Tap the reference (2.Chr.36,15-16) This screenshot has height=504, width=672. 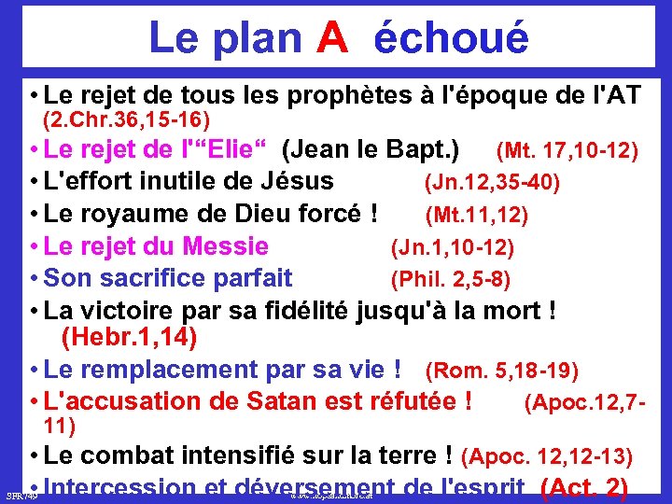127,120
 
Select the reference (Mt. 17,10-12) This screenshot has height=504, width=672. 567,149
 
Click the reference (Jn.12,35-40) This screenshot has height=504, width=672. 492,182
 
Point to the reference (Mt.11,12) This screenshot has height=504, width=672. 476,216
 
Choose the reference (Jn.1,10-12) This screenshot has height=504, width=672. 452,248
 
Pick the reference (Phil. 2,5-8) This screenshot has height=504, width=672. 450,279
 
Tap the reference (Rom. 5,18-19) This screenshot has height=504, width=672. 502,371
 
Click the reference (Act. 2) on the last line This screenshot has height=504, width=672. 582,487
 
